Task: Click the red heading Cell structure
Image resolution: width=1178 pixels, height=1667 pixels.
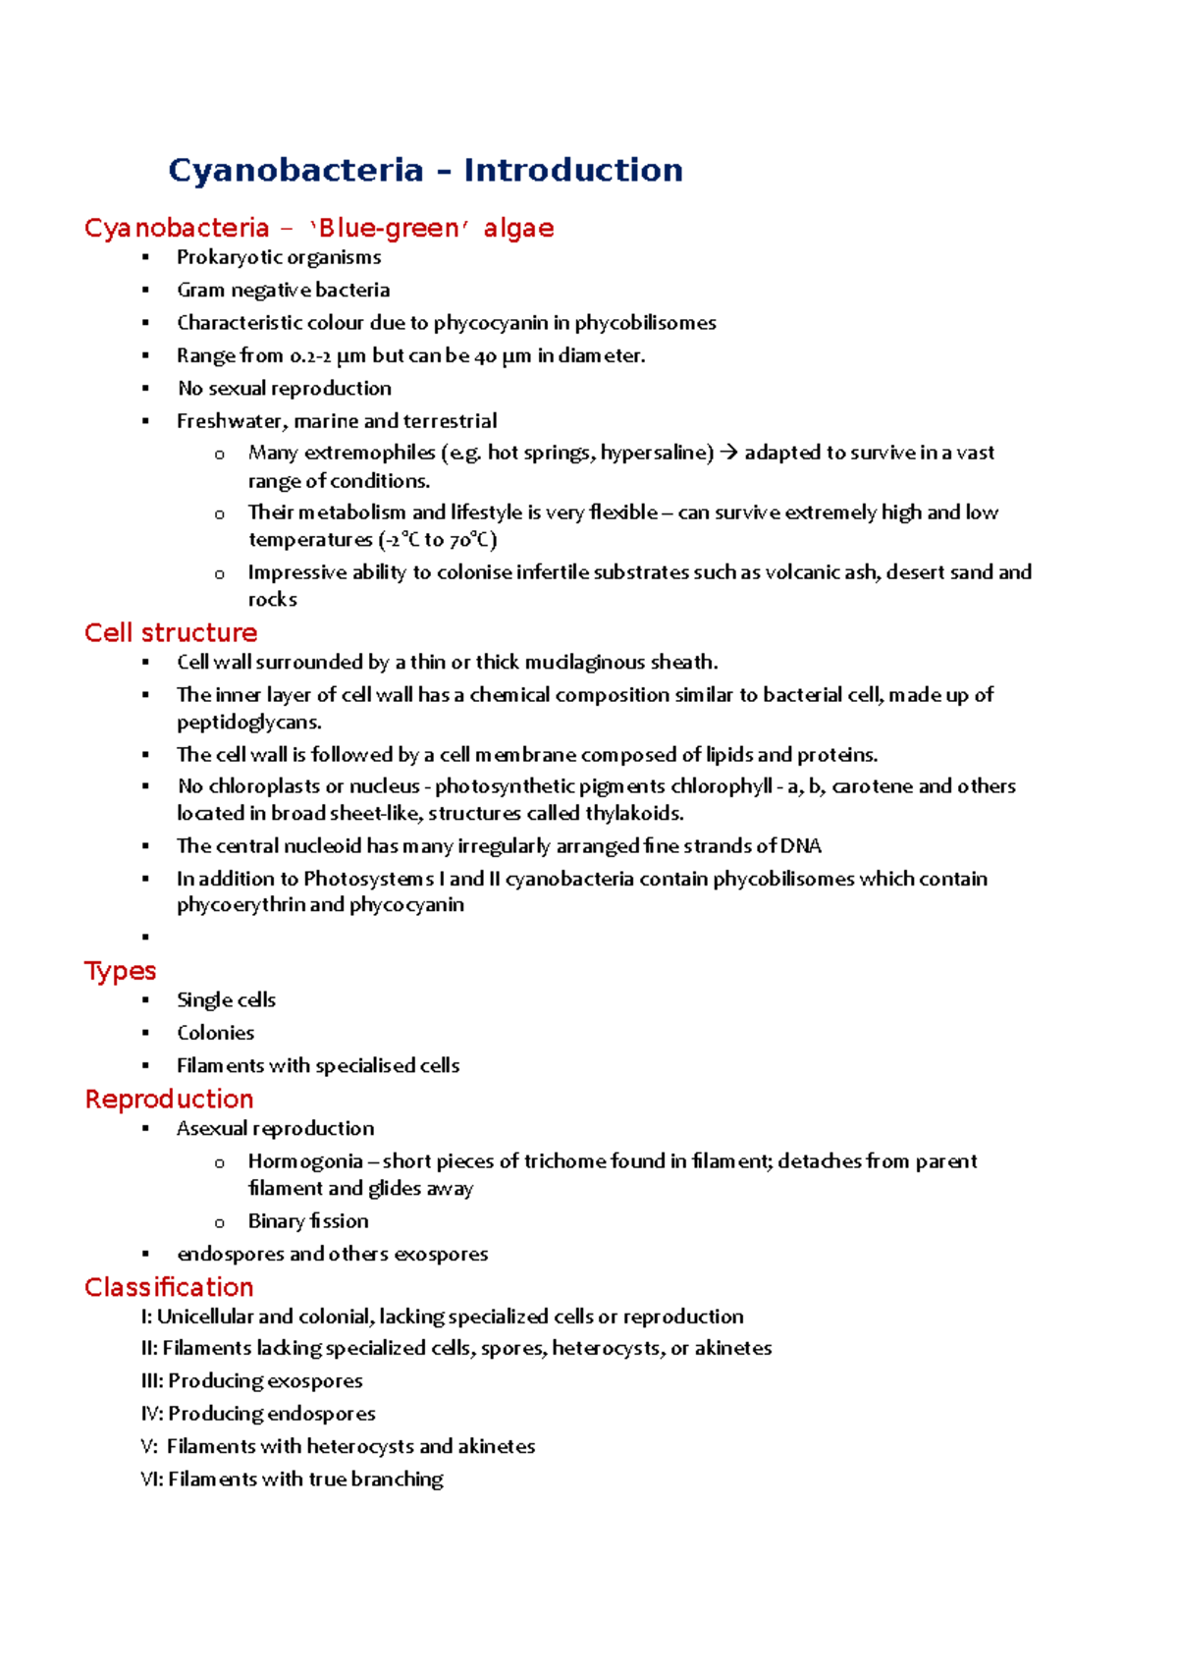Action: coord(171,632)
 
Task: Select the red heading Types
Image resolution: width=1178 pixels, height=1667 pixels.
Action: coord(120,970)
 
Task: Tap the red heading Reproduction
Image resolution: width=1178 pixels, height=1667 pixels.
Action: coord(169,1099)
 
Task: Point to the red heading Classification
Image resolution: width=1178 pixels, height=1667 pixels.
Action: coord(169,1287)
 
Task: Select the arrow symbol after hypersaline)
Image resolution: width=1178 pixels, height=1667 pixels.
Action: coord(727,453)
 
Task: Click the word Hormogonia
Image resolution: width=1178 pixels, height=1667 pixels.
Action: coord(305,1161)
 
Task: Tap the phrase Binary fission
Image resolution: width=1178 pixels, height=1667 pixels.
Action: coord(308,1221)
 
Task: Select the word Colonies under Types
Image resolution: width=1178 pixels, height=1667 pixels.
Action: coord(215,1033)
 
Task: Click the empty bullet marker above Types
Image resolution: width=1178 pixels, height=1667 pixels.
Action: coord(145,938)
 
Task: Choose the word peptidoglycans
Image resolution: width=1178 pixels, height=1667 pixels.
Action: coord(248,723)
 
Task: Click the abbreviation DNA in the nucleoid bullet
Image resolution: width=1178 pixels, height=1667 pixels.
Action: coord(801,846)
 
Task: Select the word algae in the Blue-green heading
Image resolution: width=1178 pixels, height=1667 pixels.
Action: coord(518,228)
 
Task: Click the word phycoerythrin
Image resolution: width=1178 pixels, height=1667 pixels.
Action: coord(241,905)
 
